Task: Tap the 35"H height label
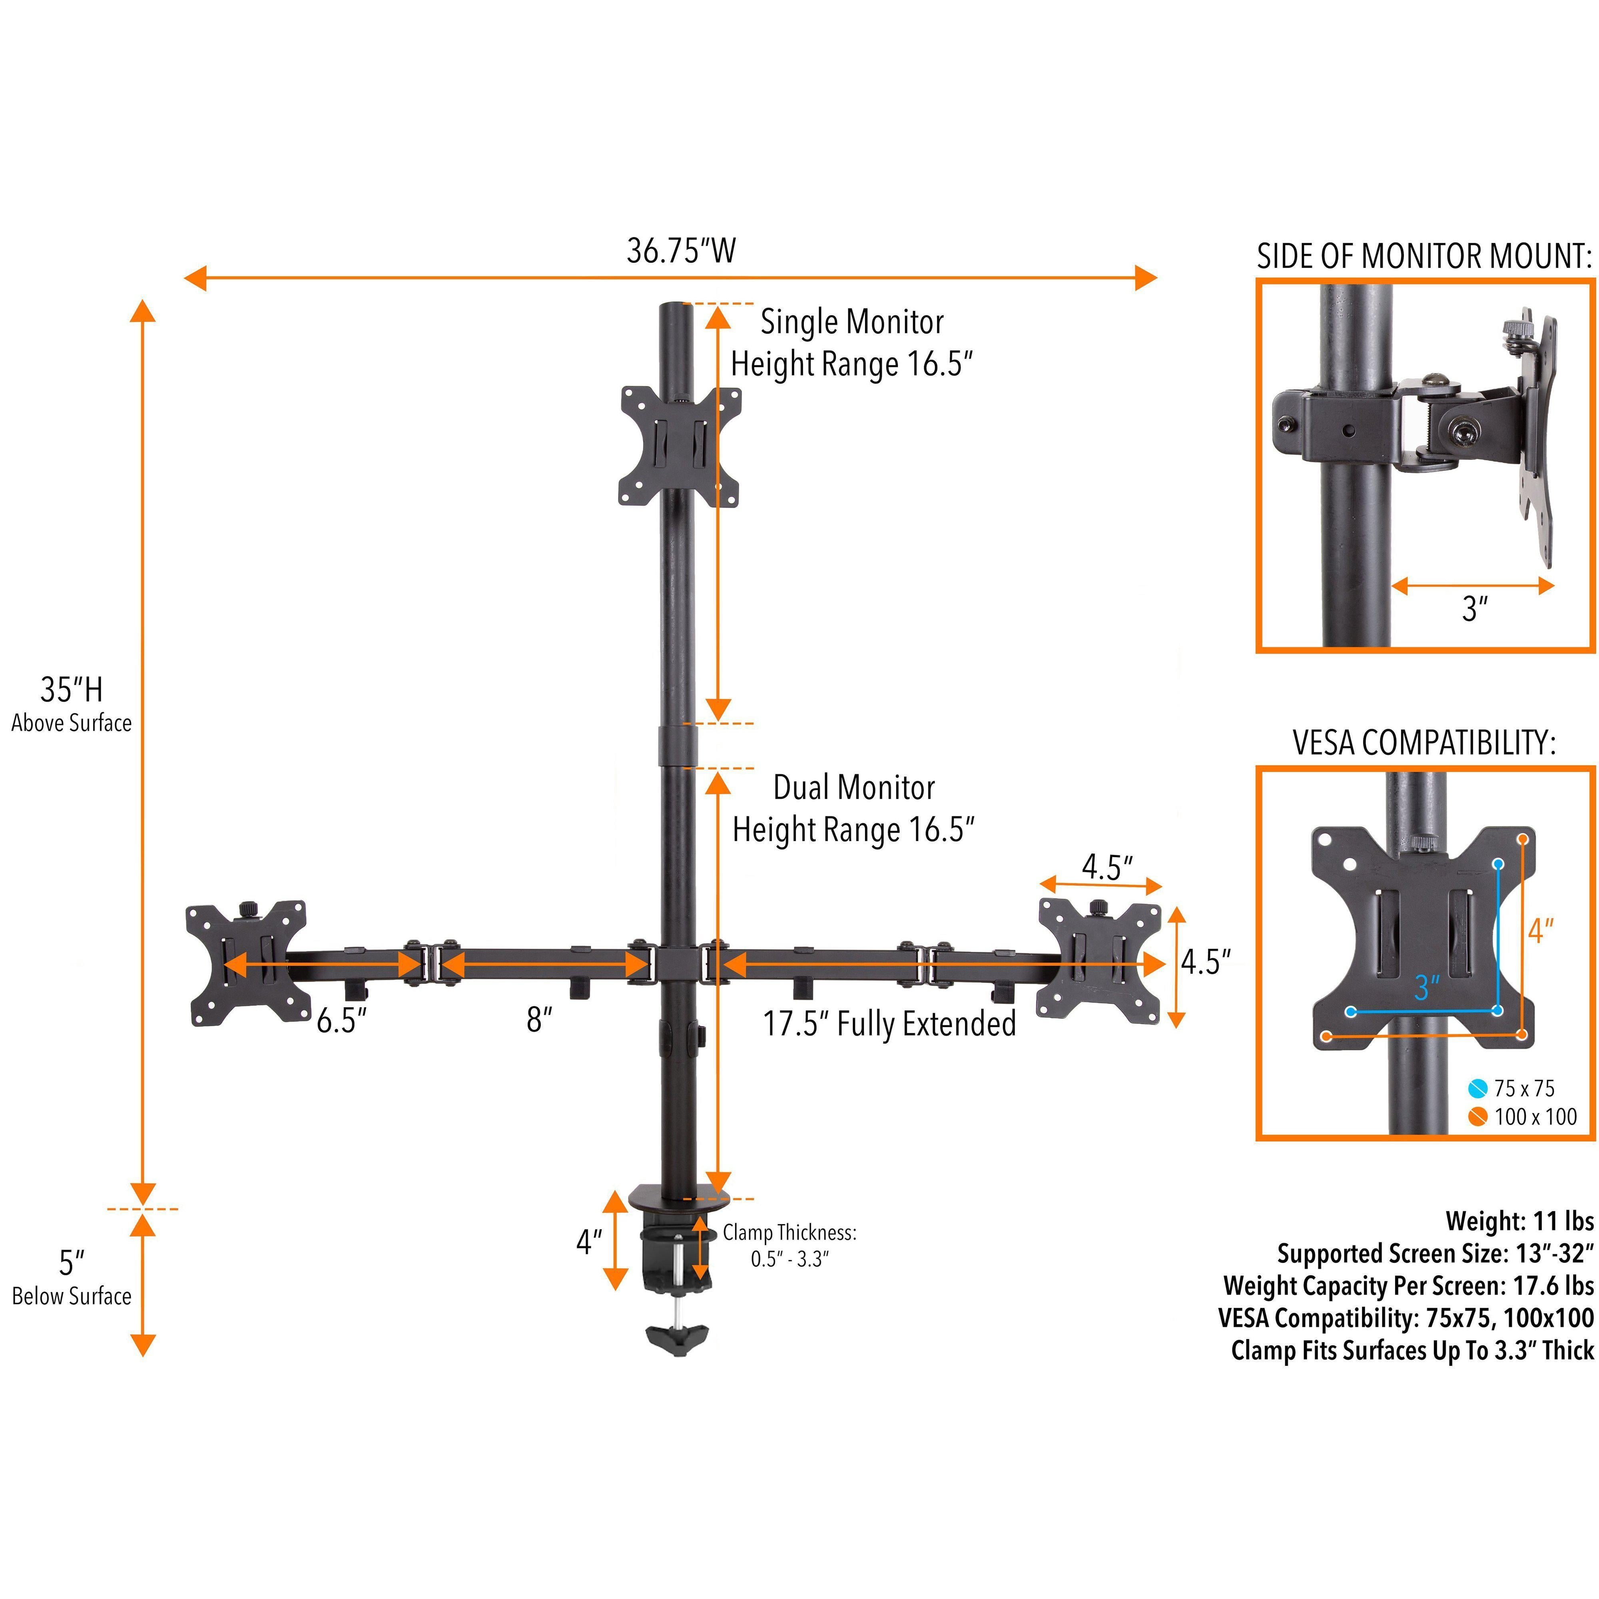pyautogui.click(x=71, y=690)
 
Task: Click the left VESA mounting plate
pyautogui.click(x=246, y=963)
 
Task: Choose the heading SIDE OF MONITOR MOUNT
pyautogui.click(x=1424, y=257)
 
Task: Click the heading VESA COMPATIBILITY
pyautogui.click(x=1424, y=743)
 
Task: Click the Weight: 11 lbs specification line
pyautogui.click(x=1519, y=1221)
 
